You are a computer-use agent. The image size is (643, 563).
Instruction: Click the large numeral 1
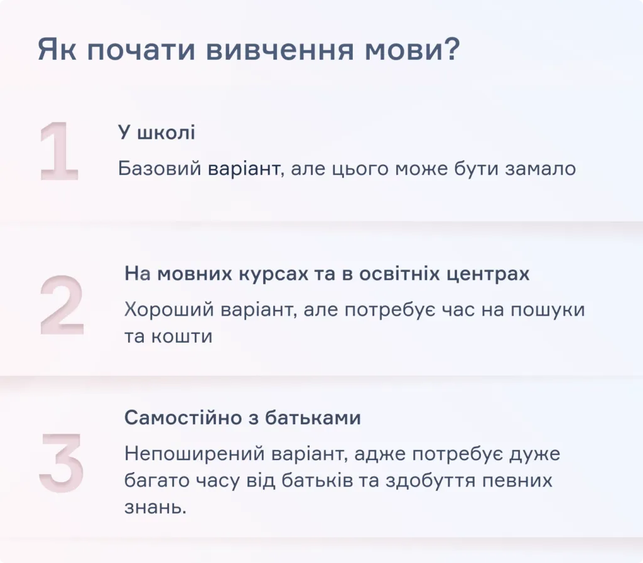click(58, 152)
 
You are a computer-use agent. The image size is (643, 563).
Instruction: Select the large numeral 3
click(61, 462)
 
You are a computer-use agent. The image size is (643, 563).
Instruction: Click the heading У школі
click(156, 133)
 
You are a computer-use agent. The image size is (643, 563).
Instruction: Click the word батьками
click(320, 418)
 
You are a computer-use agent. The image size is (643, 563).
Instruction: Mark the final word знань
click(155, 507)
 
